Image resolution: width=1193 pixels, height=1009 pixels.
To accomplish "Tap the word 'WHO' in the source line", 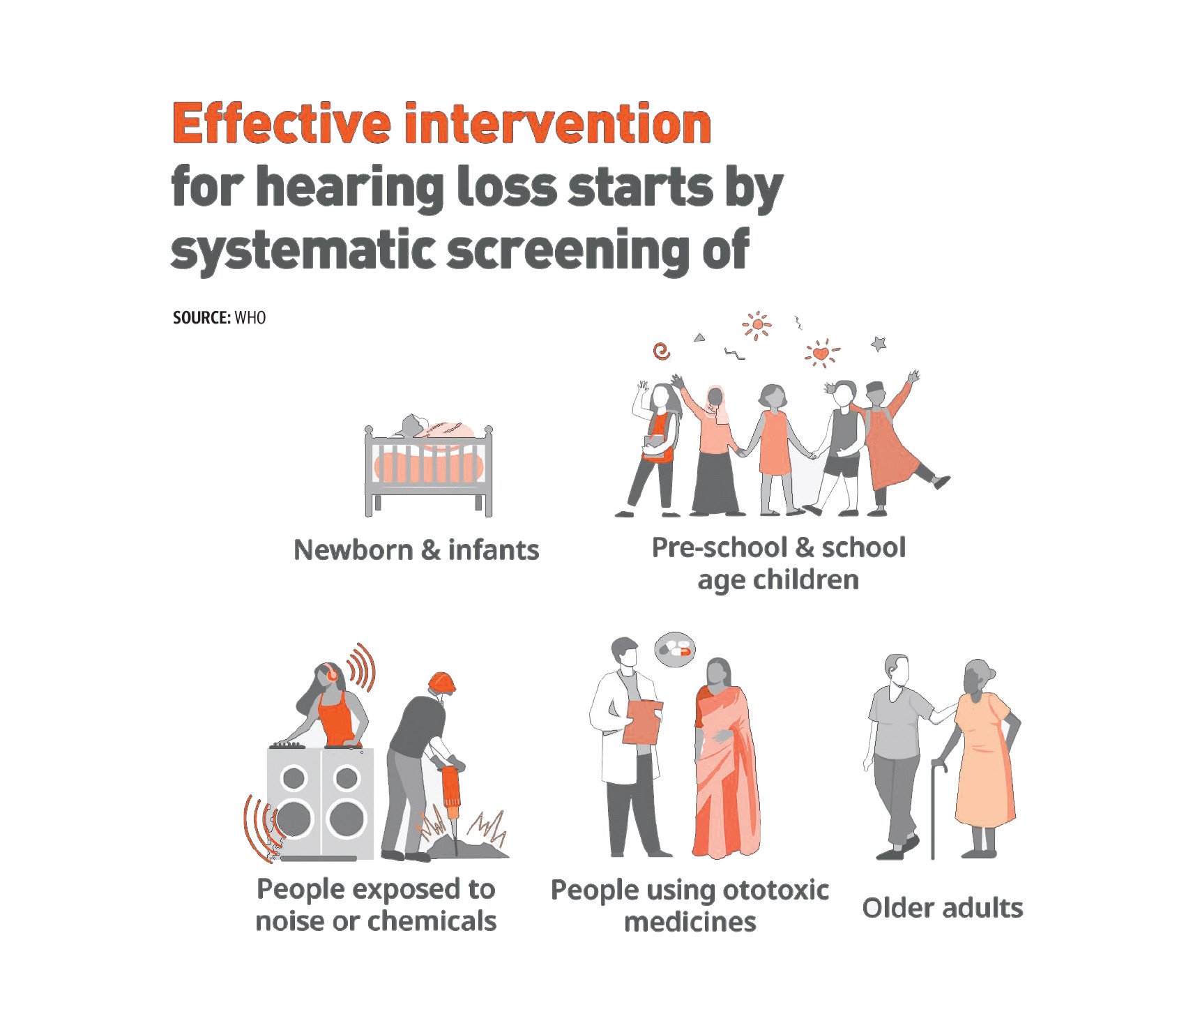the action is pos(250,318).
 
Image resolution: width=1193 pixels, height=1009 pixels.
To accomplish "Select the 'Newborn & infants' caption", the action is pos(416,550).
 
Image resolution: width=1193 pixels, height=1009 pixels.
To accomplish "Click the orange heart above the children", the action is pos(822,354).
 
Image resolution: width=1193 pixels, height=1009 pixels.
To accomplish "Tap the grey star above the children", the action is pos(879,343).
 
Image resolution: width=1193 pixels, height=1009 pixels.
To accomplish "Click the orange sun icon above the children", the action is pos(757,325).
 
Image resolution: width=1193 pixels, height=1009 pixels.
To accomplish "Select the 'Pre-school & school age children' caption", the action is pos(779,563).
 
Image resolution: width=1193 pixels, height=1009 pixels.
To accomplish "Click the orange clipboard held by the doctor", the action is pos(643,722).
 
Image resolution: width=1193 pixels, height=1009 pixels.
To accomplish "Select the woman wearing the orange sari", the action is pos(725,757).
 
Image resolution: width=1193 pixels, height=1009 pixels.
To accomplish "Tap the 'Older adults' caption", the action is pos(943,908).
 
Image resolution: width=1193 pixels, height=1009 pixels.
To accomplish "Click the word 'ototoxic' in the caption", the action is pos(775,890).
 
